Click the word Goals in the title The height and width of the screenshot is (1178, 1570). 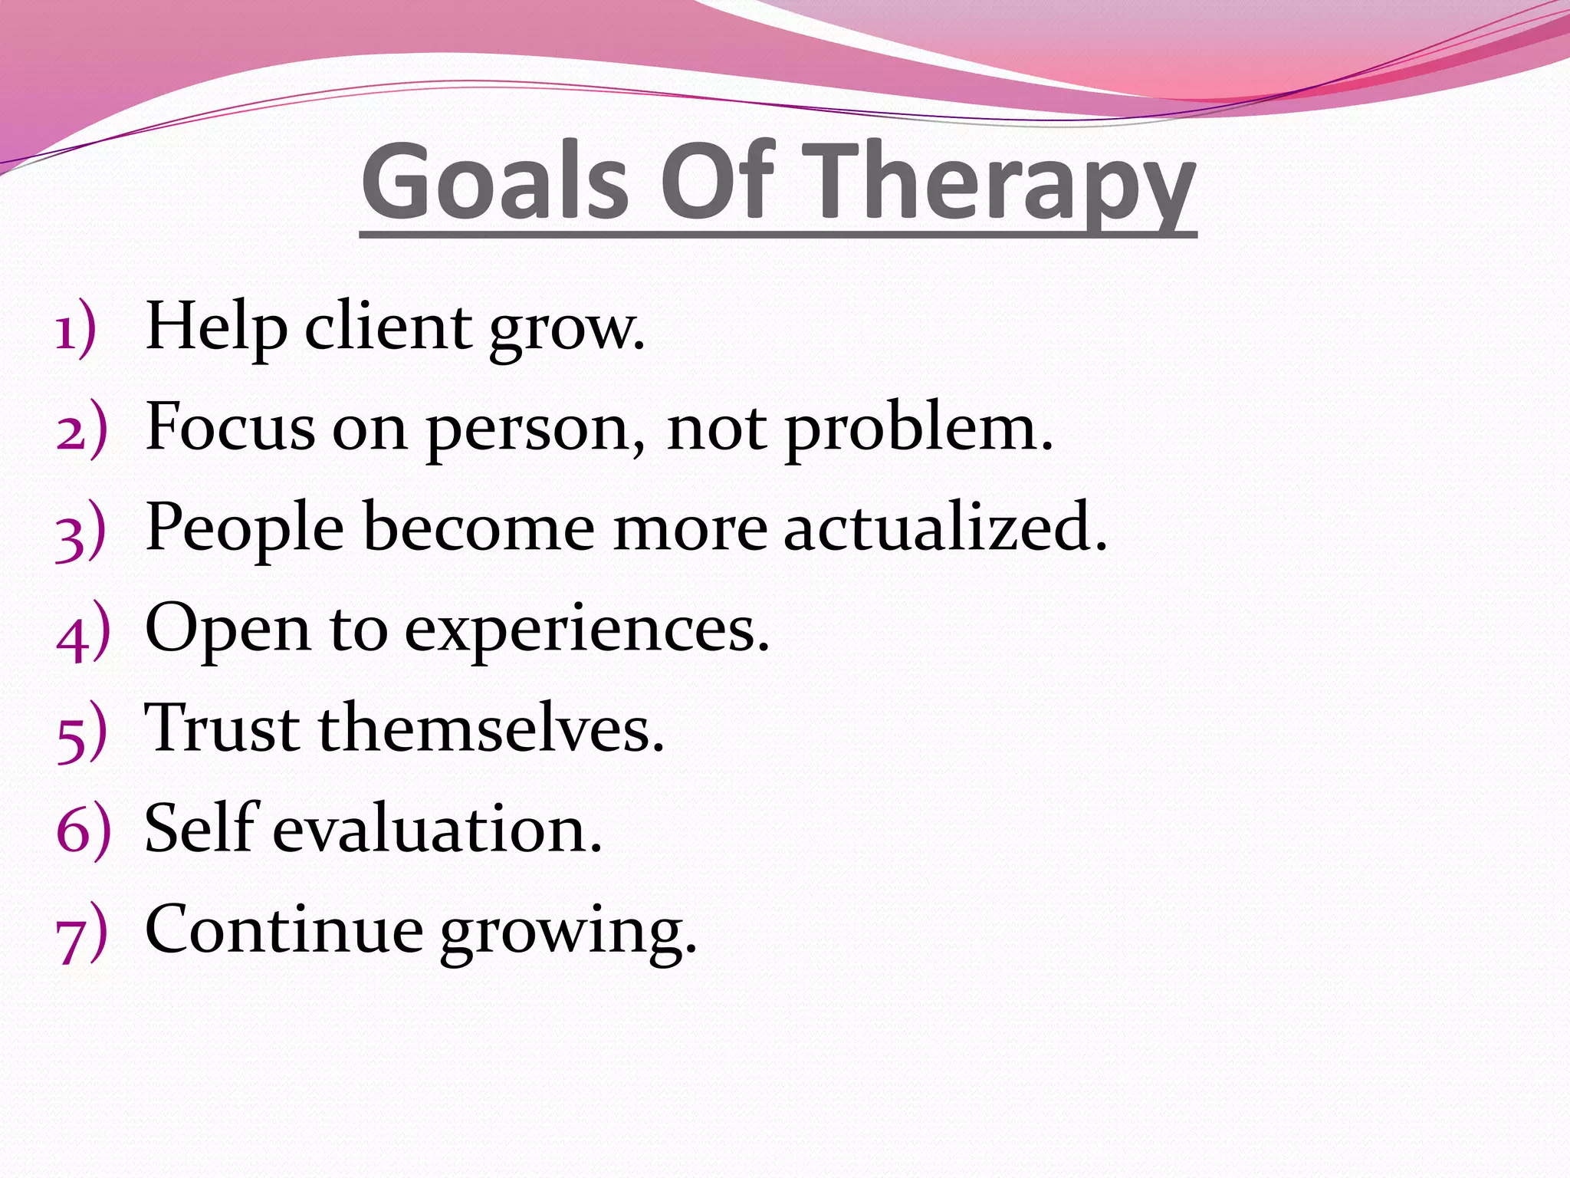click(x=494, y=183)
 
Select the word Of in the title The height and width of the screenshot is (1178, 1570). click(x=717, y=183)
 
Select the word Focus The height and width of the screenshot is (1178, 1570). click(x=229, y=428)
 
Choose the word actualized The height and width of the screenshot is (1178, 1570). click(x=944, y=528)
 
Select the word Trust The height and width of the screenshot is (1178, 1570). click(x=222, y=729)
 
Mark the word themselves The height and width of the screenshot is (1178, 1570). click(x=491, y=729)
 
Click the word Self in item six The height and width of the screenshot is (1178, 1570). click(x=201, y=828)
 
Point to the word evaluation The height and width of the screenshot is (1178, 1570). click(x=437, y=830)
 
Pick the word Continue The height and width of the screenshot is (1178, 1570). click(x=284, y=930)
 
